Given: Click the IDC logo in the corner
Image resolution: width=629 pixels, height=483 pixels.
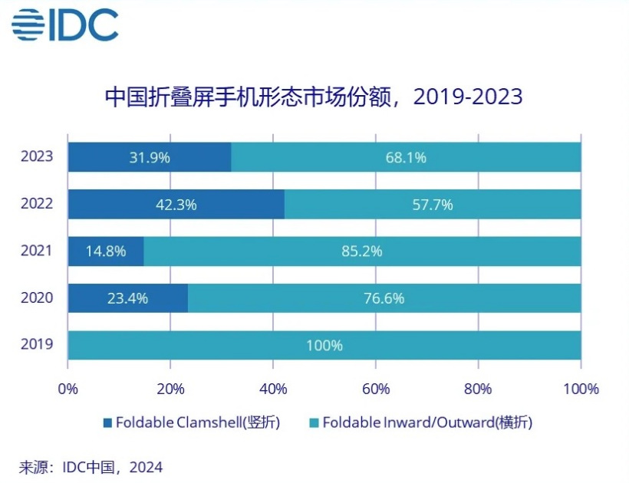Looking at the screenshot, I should pyautogui.click(x=65, y=26).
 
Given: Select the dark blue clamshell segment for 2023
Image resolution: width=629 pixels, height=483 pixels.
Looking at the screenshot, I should pyautogui.click(x=150, y=157).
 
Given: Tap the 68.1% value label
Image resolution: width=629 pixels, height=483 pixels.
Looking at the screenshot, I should pyautogui.click(x=406, y=157).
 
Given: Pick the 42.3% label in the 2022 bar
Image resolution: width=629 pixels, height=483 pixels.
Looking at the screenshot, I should pyautogui.click(x=176, y=205).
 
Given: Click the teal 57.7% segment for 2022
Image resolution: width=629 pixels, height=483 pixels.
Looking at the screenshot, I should pyautogui.click(x=433, y=205).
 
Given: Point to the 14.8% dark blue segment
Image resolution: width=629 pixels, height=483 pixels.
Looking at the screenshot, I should pyautogui.click(x=106, y=251).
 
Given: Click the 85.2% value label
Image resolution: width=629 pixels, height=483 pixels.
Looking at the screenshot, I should pyautogui.click(x=362, y=251).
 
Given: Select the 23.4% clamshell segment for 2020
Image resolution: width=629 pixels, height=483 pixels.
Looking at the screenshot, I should pyautogui.click(x=127, y=298).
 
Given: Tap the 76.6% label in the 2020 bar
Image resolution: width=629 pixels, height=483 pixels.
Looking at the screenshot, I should pyautogui.click(x=384, y=298).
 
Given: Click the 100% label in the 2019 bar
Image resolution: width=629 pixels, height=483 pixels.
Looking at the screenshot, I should pyautogui.click(x=324, y=346).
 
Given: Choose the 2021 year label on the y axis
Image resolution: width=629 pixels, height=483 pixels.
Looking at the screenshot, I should pyautogui.click(x=38, y=251).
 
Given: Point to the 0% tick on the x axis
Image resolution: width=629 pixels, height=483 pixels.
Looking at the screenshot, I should pyautogui.click(x=68, y=389).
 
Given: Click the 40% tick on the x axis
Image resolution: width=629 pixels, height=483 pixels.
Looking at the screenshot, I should pyautogui.click(x=273, y=389).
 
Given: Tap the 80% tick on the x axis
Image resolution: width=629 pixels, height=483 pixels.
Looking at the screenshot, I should pyautogui.click(x=478, y=389).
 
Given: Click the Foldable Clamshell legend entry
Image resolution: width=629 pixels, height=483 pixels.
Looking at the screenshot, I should pyautogui.click(x=192, y=422).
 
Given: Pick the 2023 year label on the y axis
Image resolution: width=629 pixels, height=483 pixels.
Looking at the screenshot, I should pyautogui.click(x=38, y=156).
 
